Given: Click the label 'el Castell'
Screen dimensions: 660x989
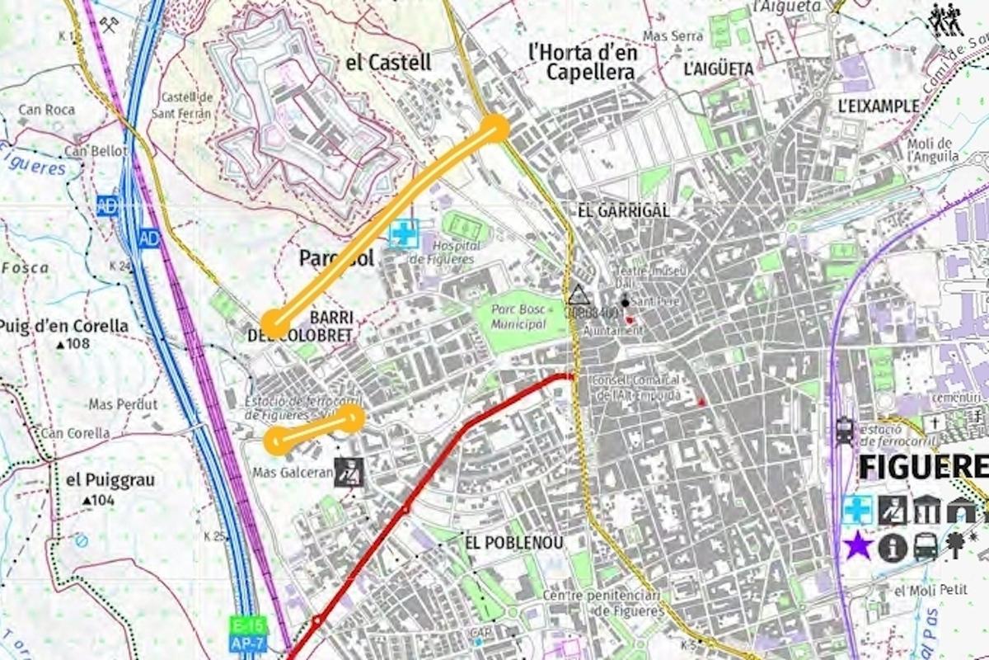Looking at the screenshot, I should (x=387, y=62).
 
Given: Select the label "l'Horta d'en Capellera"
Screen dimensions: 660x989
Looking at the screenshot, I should (x=583, y=63).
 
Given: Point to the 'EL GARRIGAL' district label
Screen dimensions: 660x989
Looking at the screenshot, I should (x=623, y=211).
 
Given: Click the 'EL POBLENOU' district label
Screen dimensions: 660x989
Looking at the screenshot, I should (x=514, y=543).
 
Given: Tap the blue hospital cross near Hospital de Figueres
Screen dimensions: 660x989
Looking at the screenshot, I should (x=404, y=233).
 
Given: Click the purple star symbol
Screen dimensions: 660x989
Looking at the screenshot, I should (x=858, y=545).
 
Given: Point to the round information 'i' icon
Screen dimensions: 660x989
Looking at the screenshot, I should (x=892, y=546).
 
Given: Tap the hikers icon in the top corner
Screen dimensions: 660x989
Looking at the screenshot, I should (x=947, y=20).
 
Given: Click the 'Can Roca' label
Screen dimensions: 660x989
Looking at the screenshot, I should (x=47, y=110).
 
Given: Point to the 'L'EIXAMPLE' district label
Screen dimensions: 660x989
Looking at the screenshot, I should (x=878, y=106).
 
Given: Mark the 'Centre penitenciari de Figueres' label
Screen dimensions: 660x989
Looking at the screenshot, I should (x=602, y=603).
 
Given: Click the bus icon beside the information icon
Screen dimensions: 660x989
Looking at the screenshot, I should (x=926, y=546).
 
